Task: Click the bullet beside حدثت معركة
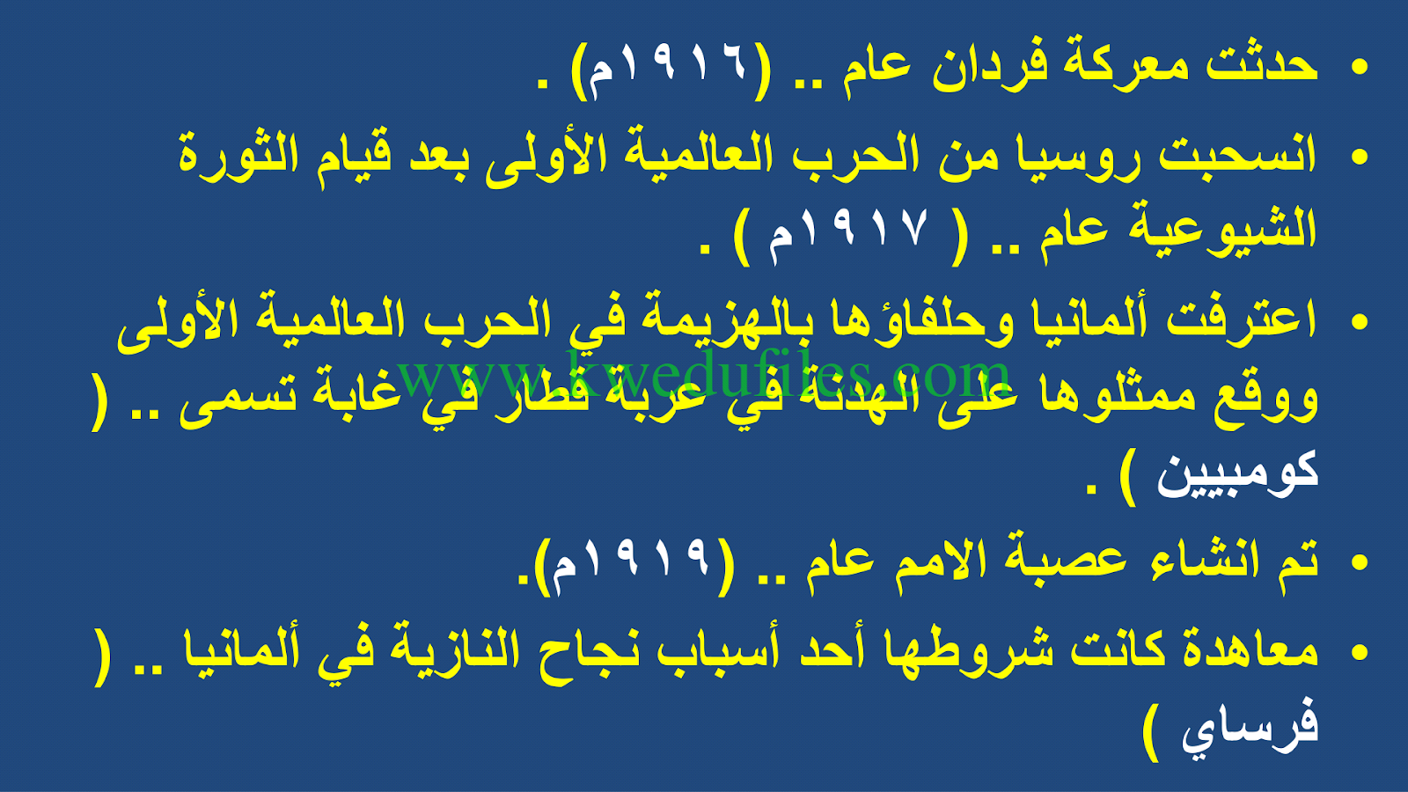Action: coord(1360,67)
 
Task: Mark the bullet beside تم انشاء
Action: coord(1360,562)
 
